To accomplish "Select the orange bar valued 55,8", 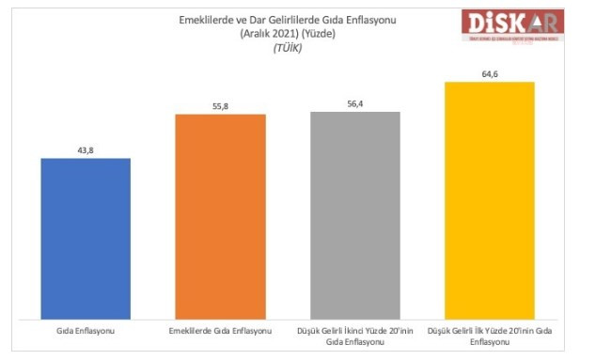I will tap(220, 216).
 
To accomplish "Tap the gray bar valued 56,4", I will tap(355, 214).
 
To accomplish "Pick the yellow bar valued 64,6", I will tap(489, 199).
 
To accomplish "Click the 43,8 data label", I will tap(86, 149).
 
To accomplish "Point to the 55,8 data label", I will tap(220, 106).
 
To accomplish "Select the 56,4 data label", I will tap(355, 103).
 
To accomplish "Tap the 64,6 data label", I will tap(489, 73).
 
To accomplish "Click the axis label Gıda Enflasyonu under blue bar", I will tap(86, 333).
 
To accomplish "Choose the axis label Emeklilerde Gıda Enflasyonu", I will tap(220, 333).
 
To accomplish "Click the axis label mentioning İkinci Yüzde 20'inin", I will tap(355, 337).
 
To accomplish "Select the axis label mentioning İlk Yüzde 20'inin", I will tap(489, 337).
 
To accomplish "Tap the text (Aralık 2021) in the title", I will tap(265, 33).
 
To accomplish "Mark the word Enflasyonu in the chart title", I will tap(368, 20).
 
